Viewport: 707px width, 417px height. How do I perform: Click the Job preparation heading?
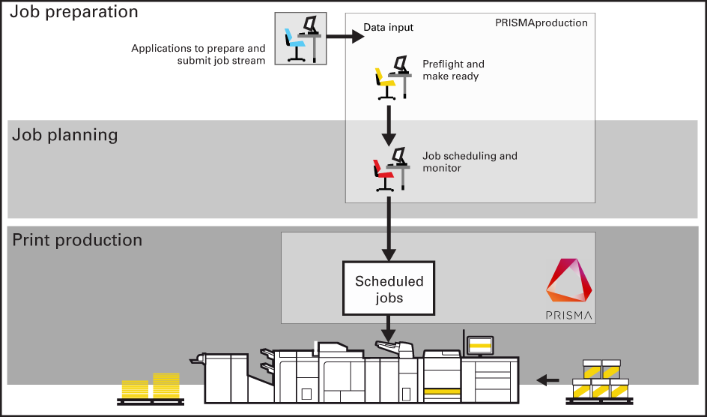click(x=75, y=13)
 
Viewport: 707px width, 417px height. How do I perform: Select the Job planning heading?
click(x=65, y=136)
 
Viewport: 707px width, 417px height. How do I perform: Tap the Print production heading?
click(x=77, y=241)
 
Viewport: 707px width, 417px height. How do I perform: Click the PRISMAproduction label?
click(x=541, y=23)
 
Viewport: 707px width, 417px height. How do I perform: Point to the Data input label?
click(x=388, y=28)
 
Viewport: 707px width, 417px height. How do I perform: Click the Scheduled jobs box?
click(x=389, y=288)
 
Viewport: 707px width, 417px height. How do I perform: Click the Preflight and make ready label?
click(x=453, y=70)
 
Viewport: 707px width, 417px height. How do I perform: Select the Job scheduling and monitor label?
click(x=470, y=162)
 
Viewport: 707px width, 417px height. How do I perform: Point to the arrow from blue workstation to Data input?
click(x=342, y=35)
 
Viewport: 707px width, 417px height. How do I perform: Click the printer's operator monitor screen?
click(x=479, y=346)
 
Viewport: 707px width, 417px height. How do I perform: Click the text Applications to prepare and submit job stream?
click(x=198, y=55)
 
